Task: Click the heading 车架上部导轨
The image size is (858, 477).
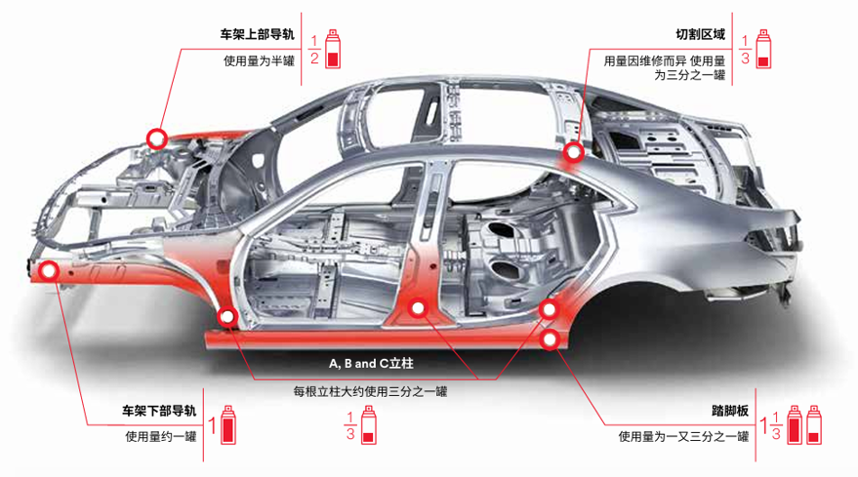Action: (257, 34)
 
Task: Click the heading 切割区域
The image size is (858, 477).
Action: (701, 34)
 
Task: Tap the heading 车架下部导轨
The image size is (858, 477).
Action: (159, 411)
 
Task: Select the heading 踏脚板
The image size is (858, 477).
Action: (730, 411)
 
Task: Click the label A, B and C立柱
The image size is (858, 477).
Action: (371, 363)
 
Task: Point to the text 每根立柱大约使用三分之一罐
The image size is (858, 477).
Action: (371, 392)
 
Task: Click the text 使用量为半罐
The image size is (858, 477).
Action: (259, 60)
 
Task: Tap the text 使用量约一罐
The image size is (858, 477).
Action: (161, 437)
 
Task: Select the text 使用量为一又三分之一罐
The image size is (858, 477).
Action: (683, 437)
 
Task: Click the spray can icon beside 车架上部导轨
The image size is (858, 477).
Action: (333, 49)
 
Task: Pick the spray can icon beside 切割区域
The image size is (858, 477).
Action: (763, 49)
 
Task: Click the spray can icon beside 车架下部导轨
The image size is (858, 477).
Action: (228, 425)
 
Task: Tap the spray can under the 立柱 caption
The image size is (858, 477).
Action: (369, 425)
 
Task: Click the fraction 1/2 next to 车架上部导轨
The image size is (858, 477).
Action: (314, 50)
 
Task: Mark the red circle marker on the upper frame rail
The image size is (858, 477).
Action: (157, 139)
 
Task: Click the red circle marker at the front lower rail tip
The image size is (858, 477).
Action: (49, 270)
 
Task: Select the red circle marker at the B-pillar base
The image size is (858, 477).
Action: (418, 308)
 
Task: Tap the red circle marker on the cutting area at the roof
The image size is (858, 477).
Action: (574, 152)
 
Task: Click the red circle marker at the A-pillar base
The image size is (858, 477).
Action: (227, 316)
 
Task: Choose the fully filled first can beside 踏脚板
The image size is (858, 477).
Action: (794, 425)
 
